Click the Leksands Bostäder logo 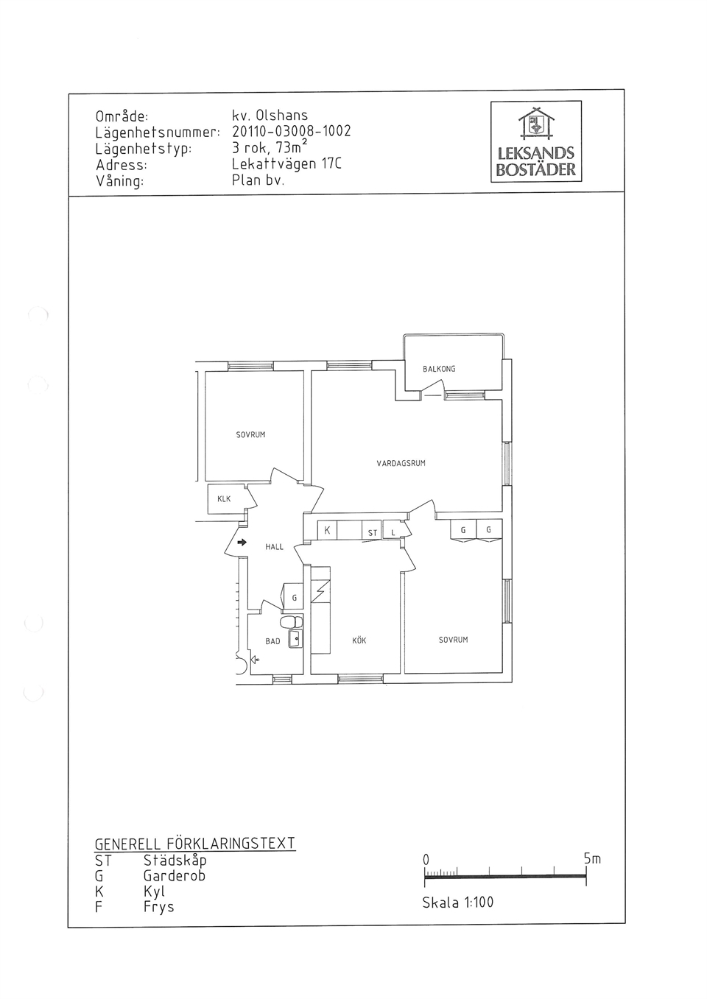click(x=535, y=141)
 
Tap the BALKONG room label click(x=439, y=369)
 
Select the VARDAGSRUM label click(x=401, y=463)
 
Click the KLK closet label click(x=224, y=499)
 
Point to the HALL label click(x=274, y=547)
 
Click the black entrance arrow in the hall click(x=242, y=543)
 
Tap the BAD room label click(x=272, y=641)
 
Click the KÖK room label click(x=359, y=640)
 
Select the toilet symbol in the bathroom click(x=292, y=621)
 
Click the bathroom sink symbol click(x=295, y=639)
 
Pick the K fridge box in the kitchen click(x=327, y=530)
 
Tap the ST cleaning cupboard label click(x=373, y=533)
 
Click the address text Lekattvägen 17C click(x=286, y=164)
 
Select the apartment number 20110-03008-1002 click(x=292, y=131)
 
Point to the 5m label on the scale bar click(x=592, y=858)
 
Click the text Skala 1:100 click(x=457, y=903)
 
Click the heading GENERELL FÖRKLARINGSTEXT click(x=195, y=844)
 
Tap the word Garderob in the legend click(x=175, y=875)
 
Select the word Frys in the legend click(x=159, y=907)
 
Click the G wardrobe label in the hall click(x=295, y=598)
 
